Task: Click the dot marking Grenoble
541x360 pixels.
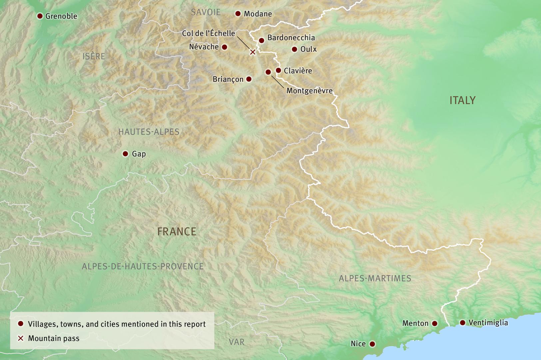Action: pos(40,16)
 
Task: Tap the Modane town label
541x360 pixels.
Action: pos(258,14)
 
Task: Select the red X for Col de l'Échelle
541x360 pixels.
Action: pos(253,52)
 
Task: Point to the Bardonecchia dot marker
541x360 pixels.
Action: pos(262,40)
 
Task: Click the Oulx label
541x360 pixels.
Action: pos(308,49)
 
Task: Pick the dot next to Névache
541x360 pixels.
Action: pos(225,47)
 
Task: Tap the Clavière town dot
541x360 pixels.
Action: pos(278,70)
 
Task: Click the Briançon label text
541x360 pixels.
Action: pos(228,79)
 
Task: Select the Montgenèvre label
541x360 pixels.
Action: pos(309,90)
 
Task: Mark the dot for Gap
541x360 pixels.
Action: pos(125,154)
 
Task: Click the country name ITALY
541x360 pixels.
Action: pos(462,100)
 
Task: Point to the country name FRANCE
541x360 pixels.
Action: pos(177,231)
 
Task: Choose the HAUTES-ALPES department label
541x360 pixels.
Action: pos(149,132)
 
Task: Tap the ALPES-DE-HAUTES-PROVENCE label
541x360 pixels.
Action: pos(143,266)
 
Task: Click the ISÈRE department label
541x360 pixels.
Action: pos(94,56)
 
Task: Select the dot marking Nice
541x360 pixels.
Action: pos(372,344)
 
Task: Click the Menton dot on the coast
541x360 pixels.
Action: pos(434,323)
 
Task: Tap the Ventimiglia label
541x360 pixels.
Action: pos(488,323)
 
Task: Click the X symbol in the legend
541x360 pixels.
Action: pos(21,338)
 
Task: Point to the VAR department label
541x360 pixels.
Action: pos(237,342)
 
